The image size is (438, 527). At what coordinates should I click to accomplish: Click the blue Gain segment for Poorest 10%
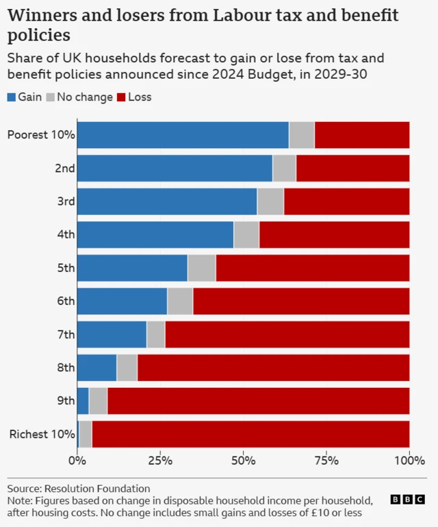click(x=183, y=134)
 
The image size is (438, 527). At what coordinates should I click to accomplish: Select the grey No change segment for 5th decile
click(x=201, y=267)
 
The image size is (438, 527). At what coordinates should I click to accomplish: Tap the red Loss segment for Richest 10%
click(x=250, y=434)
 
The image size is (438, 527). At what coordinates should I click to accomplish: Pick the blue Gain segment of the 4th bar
click(x=155, y=234)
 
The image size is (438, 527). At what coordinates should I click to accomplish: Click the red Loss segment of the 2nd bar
click(x=352, y=168)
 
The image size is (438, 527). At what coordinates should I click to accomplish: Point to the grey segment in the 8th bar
click(x=127, y=367)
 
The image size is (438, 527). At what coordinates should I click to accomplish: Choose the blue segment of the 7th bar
click(x=112, y=334)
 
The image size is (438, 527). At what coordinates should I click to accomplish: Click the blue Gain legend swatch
click(x=12, y=97)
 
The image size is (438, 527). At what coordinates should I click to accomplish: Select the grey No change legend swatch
click(x=50, y=97)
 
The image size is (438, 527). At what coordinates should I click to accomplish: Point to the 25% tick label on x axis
click(x=160, y=460)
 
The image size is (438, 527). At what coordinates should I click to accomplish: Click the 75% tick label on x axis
click(x=326, y=460)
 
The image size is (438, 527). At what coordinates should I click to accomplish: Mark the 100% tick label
click(x=409, y=460)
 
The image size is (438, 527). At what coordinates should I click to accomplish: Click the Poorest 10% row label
click(x=40, y=134)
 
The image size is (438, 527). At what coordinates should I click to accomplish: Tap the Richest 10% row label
click(x=42, y=434)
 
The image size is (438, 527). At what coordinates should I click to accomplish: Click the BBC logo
click(x=407, y=500)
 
